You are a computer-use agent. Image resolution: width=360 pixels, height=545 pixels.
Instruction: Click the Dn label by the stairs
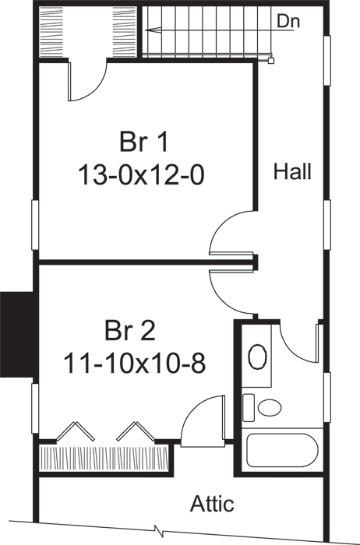tap(289, 22)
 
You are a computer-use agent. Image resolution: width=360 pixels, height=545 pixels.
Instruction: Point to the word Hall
tap(292, 172)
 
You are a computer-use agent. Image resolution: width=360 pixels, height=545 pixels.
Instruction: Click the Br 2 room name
tap(130, 330)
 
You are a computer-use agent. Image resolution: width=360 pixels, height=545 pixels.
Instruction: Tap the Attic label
tap(211, 504)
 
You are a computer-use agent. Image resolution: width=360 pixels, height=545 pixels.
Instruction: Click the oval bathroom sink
tap(256, 357)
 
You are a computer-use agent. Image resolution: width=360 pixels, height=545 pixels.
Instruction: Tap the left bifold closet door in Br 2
tap(76, 431)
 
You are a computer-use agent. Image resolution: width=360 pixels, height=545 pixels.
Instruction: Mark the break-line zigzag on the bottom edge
tap(160, 531)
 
